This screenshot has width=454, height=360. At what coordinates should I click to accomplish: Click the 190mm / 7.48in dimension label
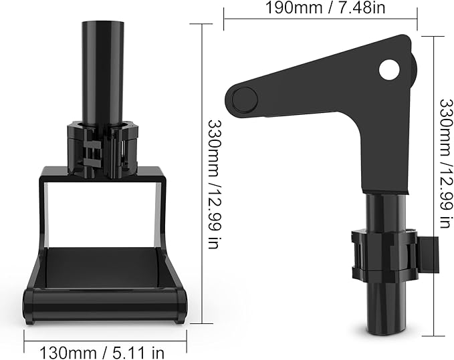tap(325, 8)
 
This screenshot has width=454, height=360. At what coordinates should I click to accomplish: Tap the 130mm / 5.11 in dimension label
tap(102, 353)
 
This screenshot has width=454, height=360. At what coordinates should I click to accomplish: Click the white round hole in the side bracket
tap(389, 69)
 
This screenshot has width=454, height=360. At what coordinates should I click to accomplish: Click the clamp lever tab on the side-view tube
tap(428, 254)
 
